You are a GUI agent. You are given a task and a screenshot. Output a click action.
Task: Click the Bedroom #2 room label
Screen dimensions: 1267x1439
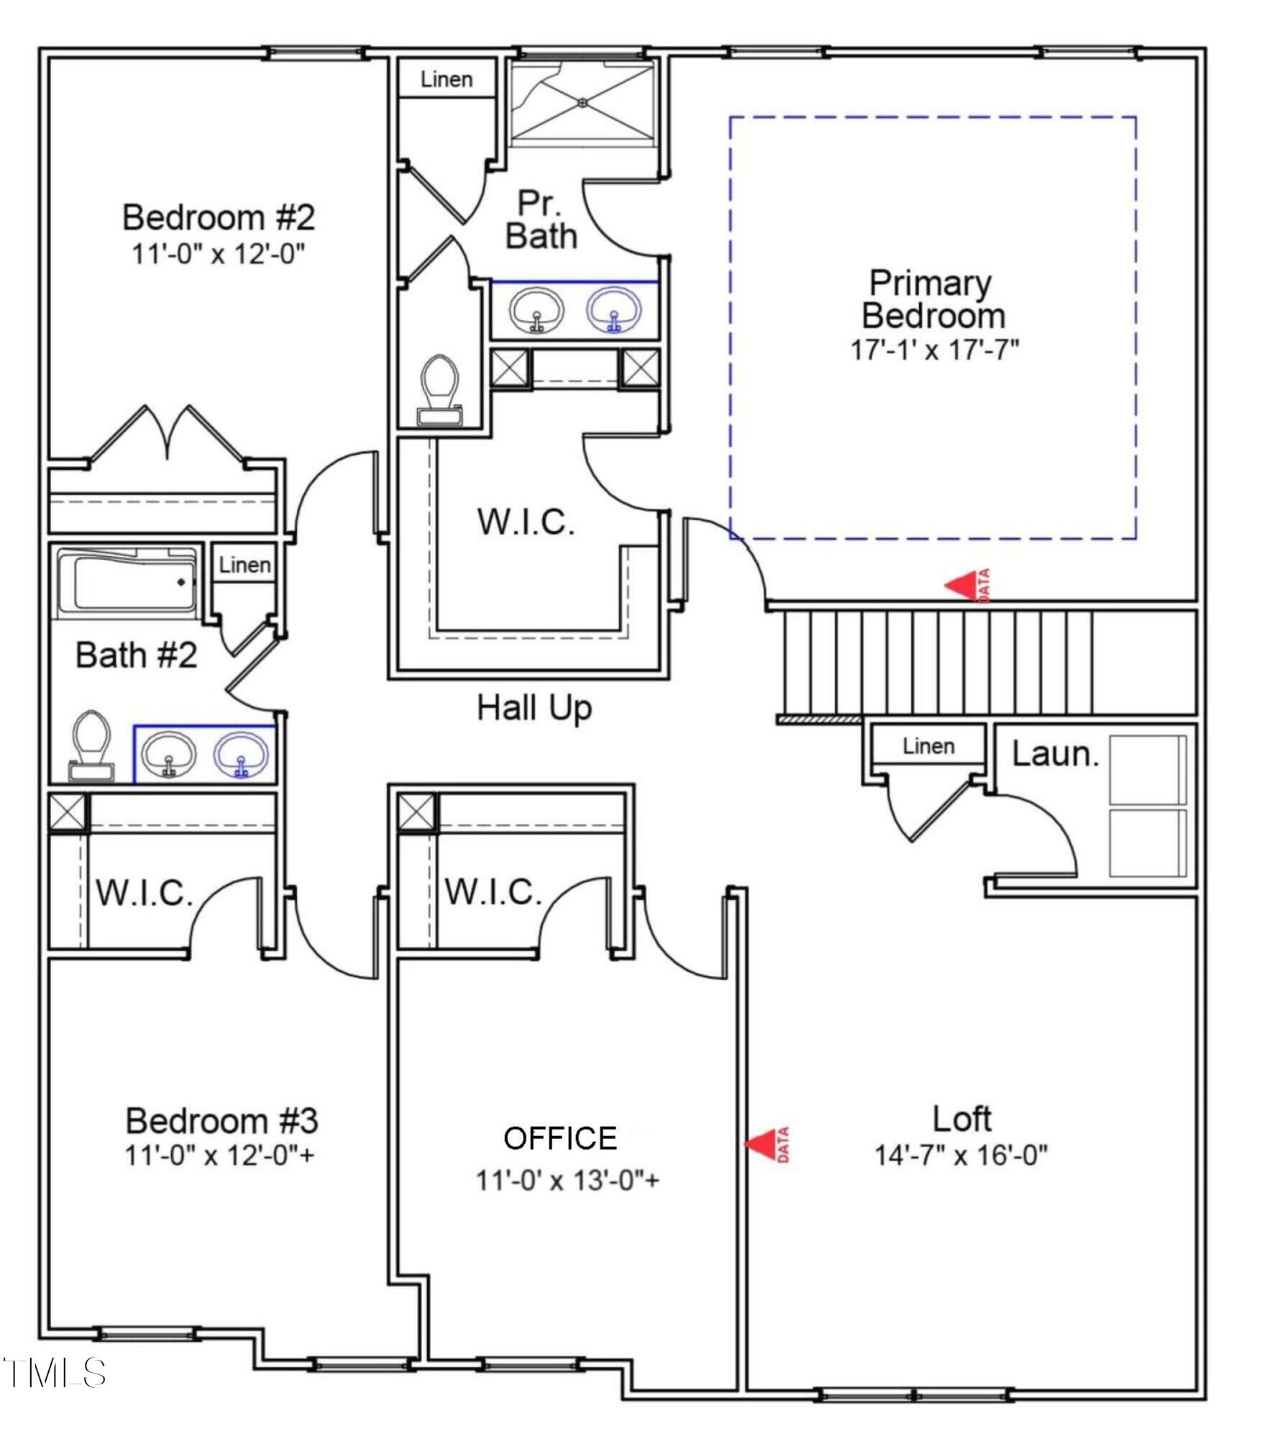click(219, 217)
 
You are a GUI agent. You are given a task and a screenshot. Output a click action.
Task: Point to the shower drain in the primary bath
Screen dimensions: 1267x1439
click(582, 103)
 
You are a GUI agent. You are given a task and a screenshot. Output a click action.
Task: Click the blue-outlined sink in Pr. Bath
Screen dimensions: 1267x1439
click(613, 311)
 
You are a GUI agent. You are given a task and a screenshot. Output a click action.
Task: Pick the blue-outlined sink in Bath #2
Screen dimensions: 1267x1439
click(241, 755)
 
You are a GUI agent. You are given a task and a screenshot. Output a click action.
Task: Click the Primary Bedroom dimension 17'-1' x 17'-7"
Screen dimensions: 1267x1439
click(935, 350)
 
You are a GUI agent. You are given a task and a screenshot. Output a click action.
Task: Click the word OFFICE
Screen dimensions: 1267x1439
click(560, 1138)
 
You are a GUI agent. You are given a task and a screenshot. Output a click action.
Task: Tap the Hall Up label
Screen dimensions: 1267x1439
click(534, 708)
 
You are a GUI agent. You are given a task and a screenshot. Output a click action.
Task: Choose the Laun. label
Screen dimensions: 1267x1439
click(1056, 753)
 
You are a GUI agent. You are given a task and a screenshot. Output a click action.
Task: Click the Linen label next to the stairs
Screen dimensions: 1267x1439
click(928, 745)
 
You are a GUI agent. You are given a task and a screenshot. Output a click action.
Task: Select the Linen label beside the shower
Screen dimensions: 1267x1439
click(447, 79)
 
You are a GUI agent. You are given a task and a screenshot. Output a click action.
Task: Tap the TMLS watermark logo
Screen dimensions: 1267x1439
click(55, 1373)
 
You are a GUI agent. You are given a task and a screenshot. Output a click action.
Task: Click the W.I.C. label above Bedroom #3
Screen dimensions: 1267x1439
click(145, 894)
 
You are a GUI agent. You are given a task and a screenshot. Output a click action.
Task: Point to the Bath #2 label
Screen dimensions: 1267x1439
click(137, 655)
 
